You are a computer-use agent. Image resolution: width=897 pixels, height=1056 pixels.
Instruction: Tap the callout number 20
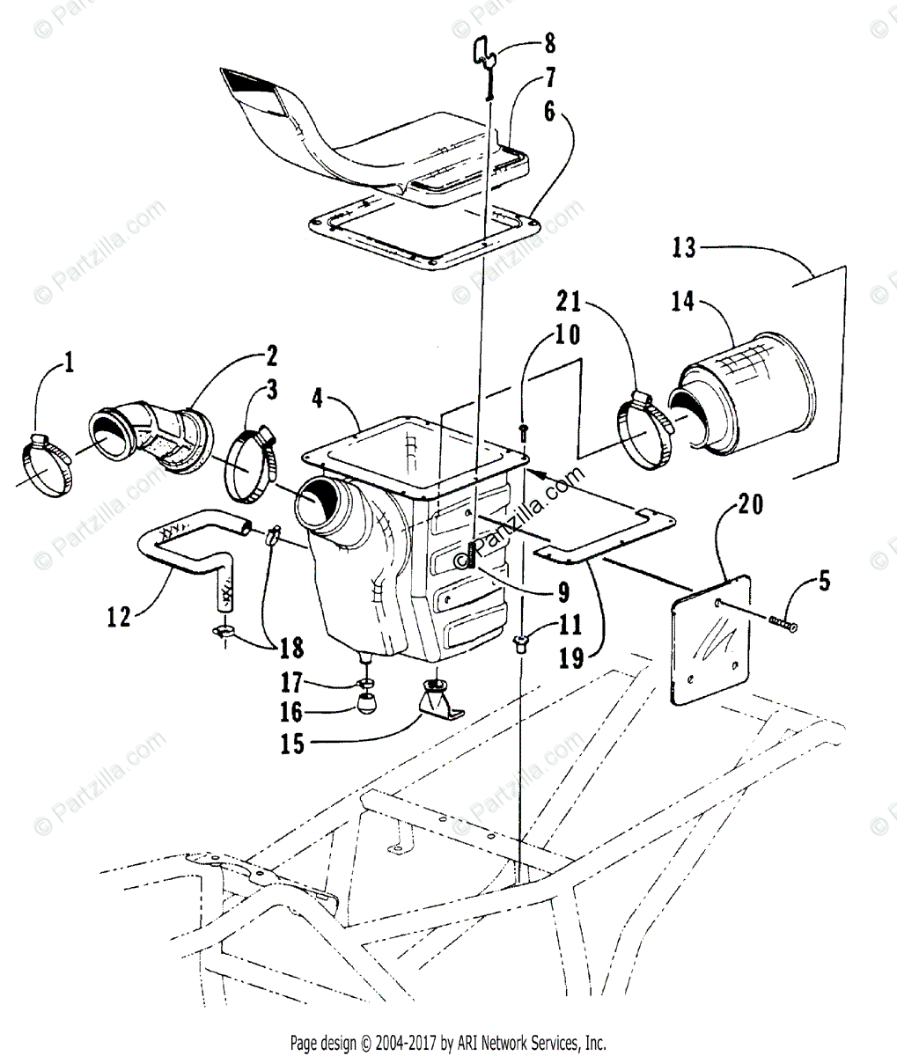pos(750,506)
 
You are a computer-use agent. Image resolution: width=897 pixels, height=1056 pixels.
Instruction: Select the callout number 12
pos(120,616)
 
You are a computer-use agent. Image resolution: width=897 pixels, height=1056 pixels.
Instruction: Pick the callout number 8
pos(549,40)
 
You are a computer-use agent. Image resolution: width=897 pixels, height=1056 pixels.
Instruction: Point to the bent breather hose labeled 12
pos(185,554)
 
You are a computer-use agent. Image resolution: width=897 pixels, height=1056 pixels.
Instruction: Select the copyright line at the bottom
pos(448,1043)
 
